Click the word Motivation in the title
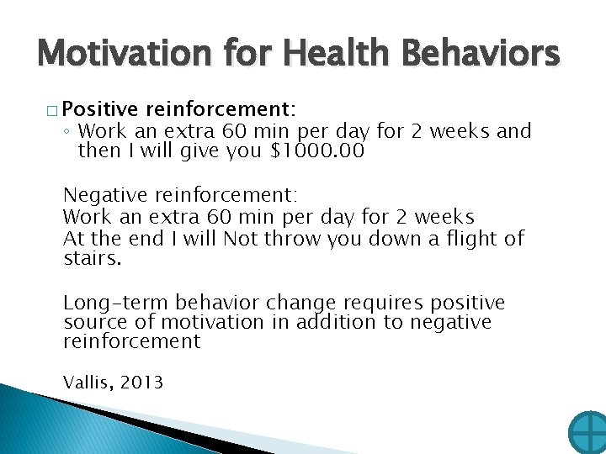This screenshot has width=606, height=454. click(x=123, y=54)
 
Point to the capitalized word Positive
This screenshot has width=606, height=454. click(x=100, y=110)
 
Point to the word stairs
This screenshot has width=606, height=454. click(x=93, y=259)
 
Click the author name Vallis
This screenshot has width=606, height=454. click(x=88, y=383)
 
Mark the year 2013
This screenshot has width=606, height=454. click(x=141, y=383)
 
